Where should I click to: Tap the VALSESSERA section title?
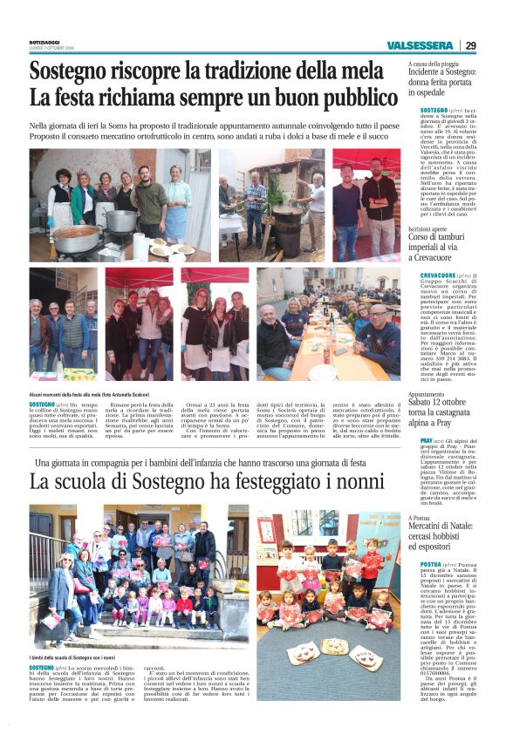[x=421, y=45]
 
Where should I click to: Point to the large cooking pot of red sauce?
[x=78, y=239]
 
